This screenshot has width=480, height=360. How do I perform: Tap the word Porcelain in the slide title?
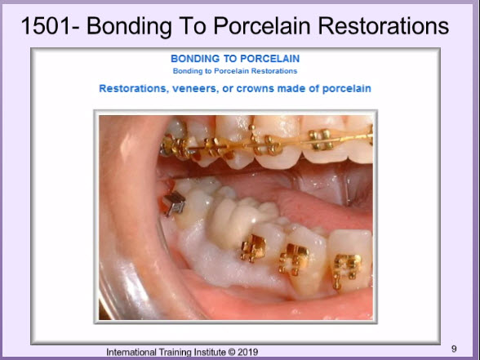tap(263, 26)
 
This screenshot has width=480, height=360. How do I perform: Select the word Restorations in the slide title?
tap(384, 26)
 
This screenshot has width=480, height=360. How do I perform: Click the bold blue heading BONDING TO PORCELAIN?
tap(235, 59)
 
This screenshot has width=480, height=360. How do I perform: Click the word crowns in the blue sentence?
tap(255, 89)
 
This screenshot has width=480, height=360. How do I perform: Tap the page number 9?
tap(454, 349)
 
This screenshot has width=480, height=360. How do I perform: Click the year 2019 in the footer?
tap(247, 352)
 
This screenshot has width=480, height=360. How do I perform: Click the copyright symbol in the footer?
tap(232, 353)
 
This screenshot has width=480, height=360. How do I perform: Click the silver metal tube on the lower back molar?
tap(174, 203)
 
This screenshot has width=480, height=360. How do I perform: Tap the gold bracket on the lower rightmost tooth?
tap(346, 270)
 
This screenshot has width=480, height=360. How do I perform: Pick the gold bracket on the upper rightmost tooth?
tap(321, 139)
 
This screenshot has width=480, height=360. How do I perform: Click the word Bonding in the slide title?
tap(129, 26)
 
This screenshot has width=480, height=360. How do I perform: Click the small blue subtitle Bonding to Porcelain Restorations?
tap(235, 71)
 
